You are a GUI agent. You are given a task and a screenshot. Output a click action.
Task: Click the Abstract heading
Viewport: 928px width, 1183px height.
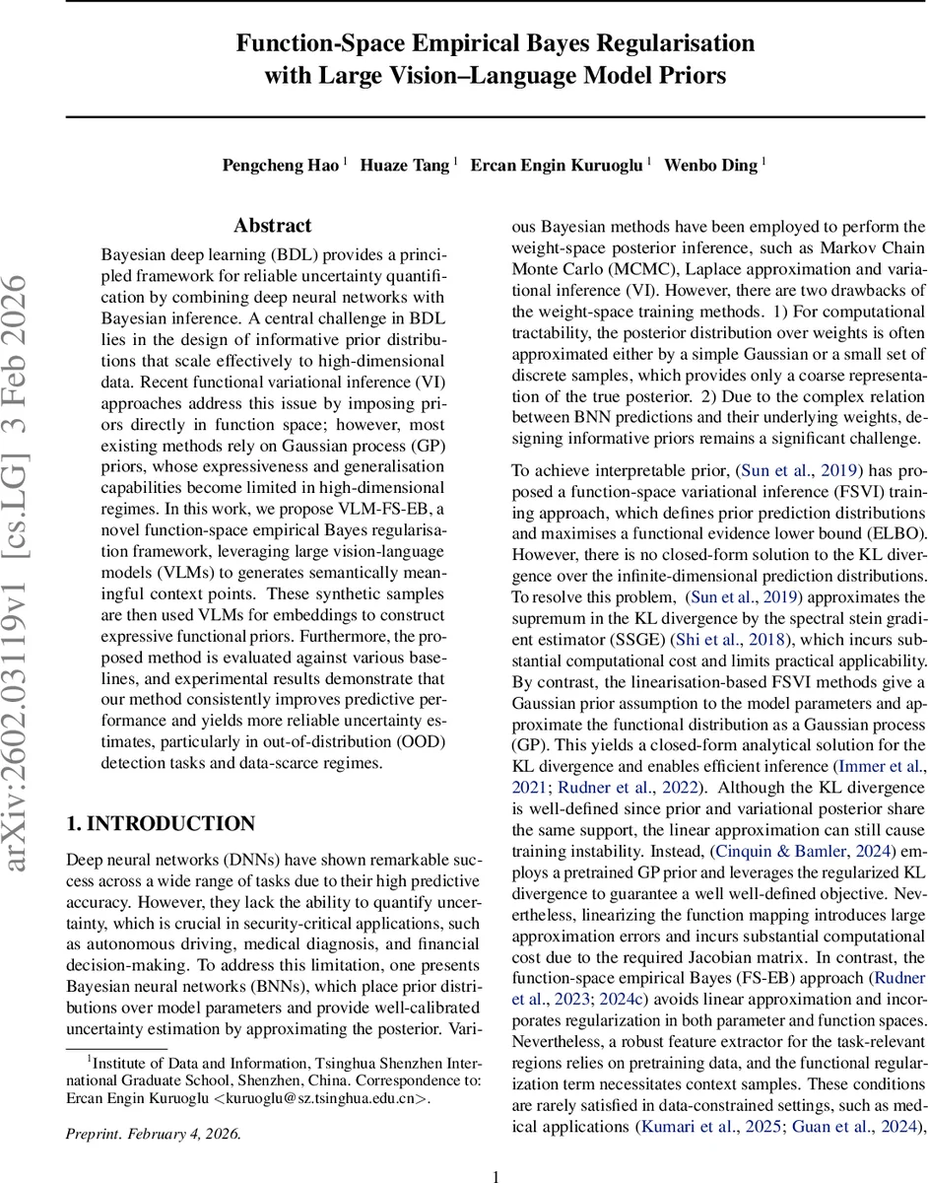tap(273, 226)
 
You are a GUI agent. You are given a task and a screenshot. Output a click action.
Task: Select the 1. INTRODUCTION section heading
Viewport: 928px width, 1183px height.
tap(160, 823)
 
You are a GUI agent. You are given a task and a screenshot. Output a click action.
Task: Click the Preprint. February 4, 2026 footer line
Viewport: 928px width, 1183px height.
tap(154, 1133)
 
